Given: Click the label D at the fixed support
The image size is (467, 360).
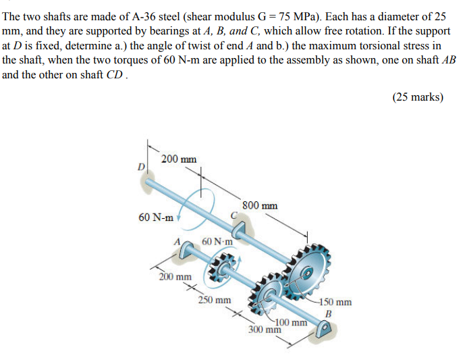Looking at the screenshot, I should tap(142, 166).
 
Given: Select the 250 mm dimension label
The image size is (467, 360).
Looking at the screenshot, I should tap(215, 299).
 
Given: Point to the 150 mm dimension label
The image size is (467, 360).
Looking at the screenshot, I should tap(336, 303).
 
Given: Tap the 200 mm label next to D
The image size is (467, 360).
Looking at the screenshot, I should tap(179, 159).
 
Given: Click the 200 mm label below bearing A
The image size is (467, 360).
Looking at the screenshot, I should tap(174, 276).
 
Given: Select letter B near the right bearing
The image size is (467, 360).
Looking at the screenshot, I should tap(329, 313).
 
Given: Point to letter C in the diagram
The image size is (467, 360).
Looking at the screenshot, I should tap(234, 215).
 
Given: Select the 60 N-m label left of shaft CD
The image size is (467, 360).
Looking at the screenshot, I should tap(155, 217).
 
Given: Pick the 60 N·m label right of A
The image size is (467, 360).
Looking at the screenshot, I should tap(217, 241).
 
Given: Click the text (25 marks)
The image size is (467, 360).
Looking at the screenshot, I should tap(418, 97).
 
